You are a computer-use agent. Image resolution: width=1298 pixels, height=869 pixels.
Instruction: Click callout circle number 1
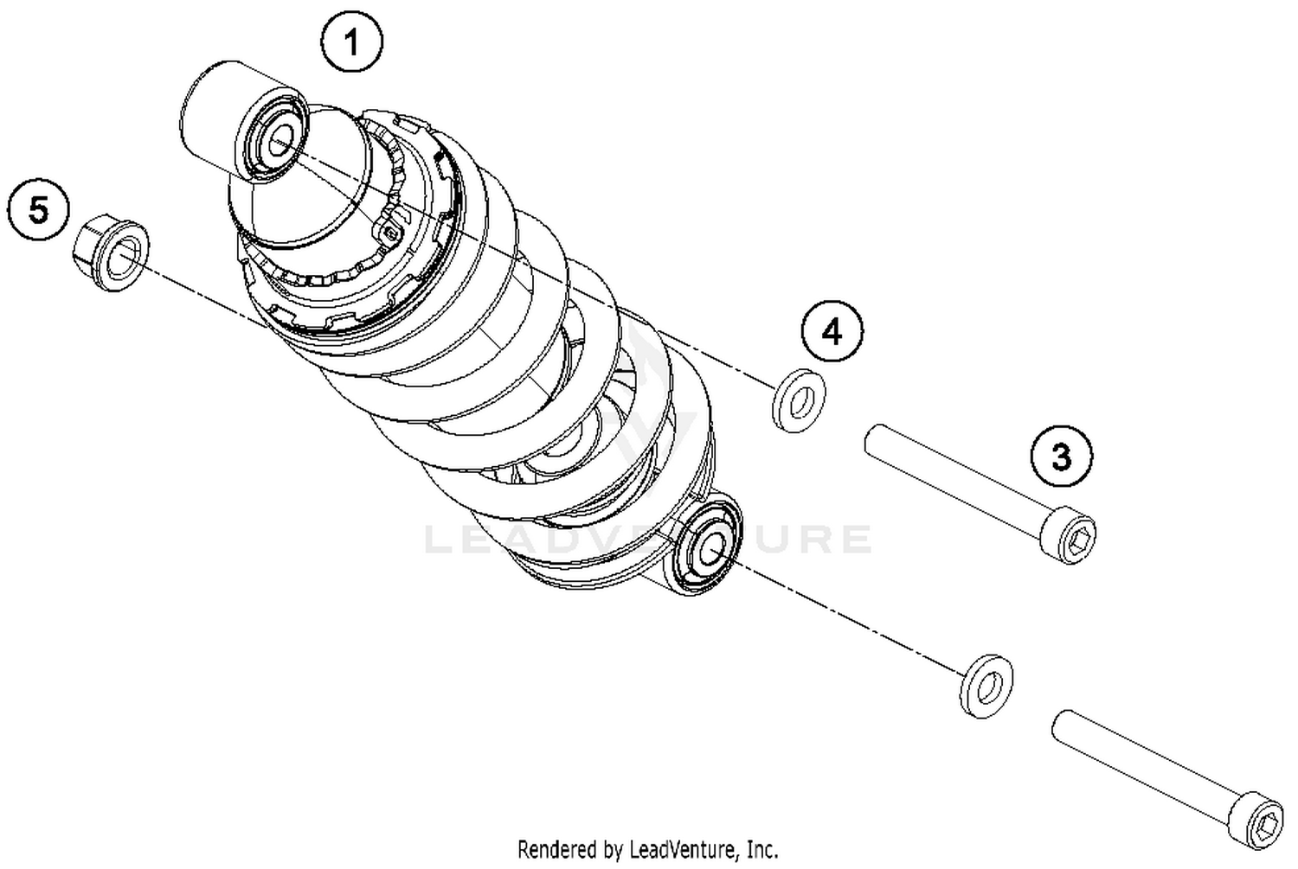coord(351,42)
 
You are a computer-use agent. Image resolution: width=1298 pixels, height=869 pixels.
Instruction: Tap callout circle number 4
coord(832,332)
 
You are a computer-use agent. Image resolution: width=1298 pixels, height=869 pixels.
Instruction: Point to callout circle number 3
coord(1061,456)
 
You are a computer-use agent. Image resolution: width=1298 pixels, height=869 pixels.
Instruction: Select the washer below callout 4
coord(798,399)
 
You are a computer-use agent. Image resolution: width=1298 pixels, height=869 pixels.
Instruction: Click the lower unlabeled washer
coord(987,686)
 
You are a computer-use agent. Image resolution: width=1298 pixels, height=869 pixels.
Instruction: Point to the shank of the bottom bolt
coord(1142,761)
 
